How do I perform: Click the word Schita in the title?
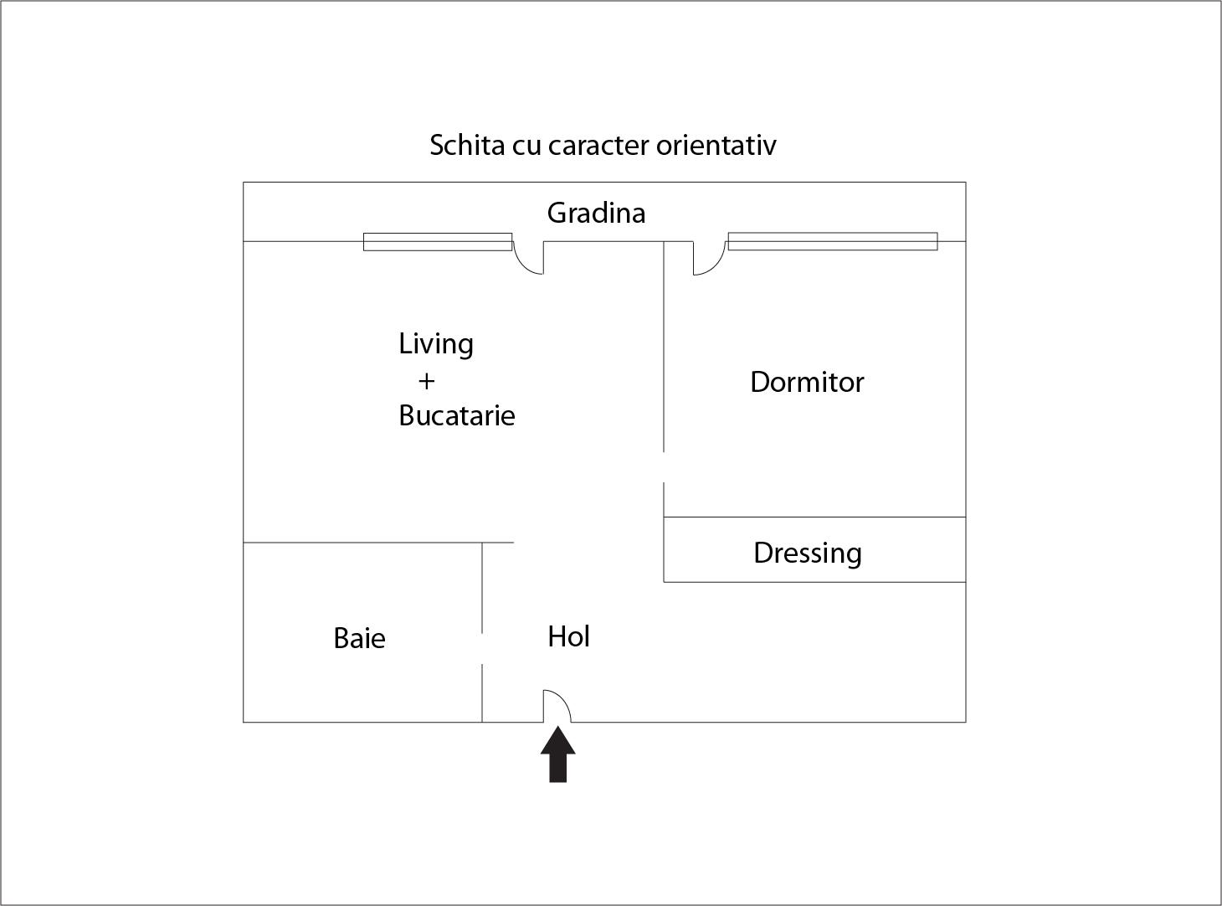(467, 145)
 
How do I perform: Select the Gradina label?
(596, 213)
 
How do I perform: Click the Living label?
(436, 345)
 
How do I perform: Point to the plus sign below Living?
(426, 381)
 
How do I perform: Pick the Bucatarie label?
(457, 416)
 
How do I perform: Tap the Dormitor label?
(807, 382)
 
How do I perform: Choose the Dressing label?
(807, 553)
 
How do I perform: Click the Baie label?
(359, 639)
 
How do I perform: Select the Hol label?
(568, 637)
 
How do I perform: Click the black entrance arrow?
(558, 754)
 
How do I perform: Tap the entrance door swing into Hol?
(557, 706)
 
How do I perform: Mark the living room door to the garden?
(528, 258)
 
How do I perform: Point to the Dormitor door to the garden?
(709, 258)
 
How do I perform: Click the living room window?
(438, 241)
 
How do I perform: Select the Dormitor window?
(833, 241)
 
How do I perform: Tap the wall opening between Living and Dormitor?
(664, 467)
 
